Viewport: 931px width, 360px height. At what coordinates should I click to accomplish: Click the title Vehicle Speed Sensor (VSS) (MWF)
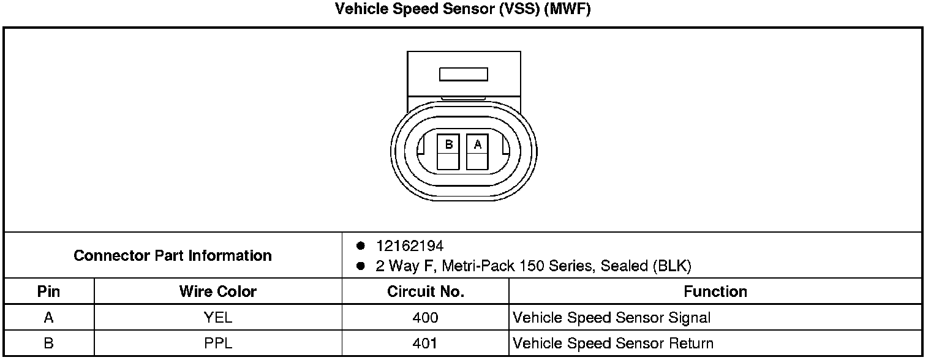click(463, 9)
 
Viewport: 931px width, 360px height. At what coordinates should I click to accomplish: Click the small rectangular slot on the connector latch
click(464, 74)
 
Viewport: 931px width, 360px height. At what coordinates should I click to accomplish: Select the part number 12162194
click(410, 246)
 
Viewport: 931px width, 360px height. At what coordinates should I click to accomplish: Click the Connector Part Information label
click(173, 255)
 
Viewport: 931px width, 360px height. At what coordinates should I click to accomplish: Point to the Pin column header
click(49, 291)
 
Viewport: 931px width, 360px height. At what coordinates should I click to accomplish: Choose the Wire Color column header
click(217, 291)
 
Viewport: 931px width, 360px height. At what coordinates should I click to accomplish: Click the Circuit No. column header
click(425, 291)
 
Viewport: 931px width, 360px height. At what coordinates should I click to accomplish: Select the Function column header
click(715, 291)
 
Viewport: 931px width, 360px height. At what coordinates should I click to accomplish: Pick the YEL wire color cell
click(217, 318)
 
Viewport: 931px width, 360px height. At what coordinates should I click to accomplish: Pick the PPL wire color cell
click(217, 343)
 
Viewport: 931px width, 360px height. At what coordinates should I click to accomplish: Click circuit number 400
click(425, 318)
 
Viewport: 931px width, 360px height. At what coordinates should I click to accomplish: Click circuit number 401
click(425, 343)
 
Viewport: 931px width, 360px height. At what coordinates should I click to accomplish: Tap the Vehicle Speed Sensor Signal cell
click(611, 318)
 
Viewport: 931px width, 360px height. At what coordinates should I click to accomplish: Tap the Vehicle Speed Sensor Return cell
click(612, 343)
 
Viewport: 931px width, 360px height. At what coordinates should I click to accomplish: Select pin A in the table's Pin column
click(49, 318)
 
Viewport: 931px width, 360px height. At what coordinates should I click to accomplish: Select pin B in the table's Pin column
click(49, 343)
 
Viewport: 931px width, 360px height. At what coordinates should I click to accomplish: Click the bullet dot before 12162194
click(361, 246)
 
